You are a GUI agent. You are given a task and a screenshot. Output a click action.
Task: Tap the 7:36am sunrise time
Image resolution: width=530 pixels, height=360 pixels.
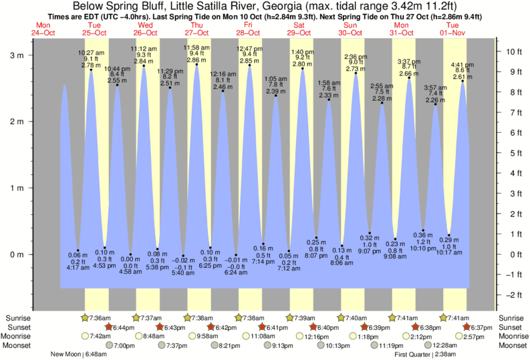click(x=102, y=317)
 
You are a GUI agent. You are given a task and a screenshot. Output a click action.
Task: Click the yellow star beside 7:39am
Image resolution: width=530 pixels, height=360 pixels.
click(x=290, y=317)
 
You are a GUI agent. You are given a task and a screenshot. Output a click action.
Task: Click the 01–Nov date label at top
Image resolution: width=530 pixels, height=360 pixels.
click(x=455, y=33)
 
